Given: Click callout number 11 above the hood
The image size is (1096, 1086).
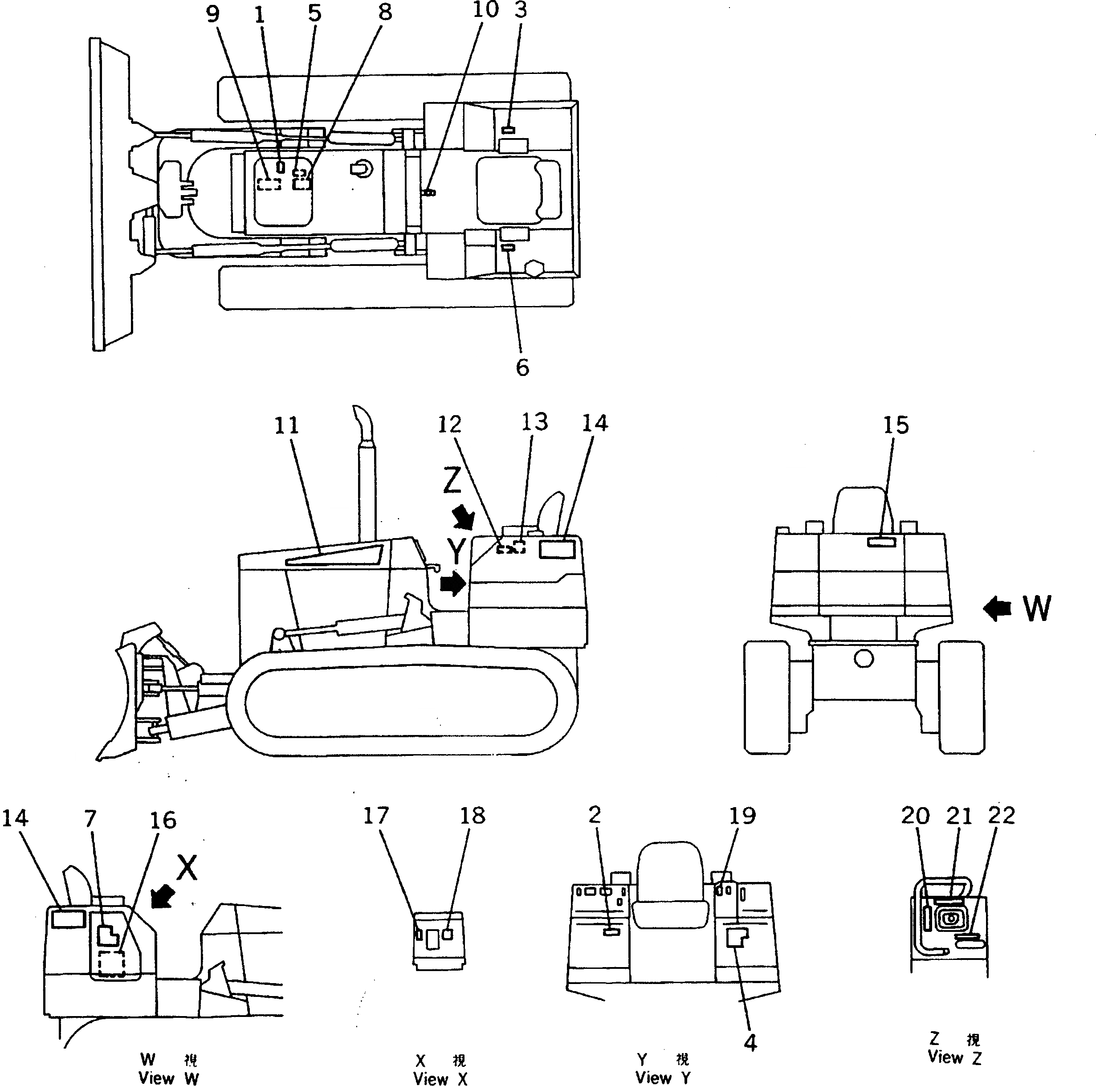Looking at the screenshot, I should tap(286, 425).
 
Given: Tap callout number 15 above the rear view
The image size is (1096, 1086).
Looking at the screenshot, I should tap(896, 425).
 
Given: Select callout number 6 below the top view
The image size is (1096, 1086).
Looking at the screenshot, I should tap(522, 367).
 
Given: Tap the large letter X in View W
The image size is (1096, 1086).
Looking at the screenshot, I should tap(186, 868).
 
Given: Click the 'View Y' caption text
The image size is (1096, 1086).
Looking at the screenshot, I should tap(663, 1078).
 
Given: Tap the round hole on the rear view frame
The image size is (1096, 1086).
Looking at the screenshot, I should tap(864, 659).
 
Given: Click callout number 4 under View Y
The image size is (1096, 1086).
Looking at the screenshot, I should tap(750, 1043).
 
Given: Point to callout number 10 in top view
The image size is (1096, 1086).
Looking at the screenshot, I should tap(485, 10).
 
